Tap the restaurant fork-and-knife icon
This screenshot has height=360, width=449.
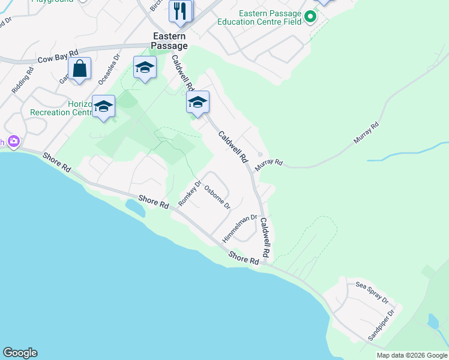180,11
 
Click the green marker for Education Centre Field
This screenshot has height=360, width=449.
310,16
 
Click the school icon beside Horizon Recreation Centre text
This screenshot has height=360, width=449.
103,106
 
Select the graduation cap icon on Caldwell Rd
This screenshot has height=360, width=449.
197,103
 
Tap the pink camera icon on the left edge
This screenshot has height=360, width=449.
13,142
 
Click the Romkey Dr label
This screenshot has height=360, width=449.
190,193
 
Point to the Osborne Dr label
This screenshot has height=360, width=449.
217,197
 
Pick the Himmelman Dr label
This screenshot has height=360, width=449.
240,229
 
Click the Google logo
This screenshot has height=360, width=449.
20,353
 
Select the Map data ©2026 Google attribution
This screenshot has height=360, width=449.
412,355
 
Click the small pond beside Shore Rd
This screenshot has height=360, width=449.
134,208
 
